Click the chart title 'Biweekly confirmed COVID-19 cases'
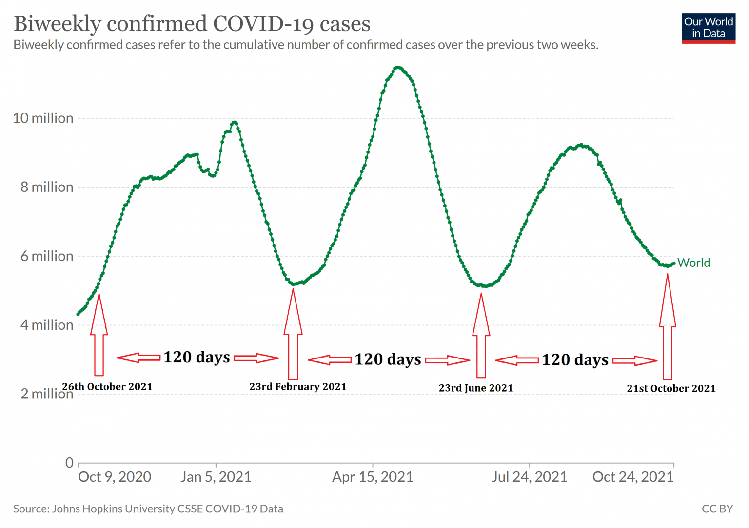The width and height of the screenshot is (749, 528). (192, 23)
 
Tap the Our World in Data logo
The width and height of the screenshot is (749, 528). (708, 28)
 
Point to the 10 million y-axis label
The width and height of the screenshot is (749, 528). (43, 118)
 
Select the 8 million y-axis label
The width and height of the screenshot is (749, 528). (47, 188)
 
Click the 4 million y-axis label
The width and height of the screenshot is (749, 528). (47, 325)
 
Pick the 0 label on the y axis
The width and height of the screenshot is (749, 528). (70, 462)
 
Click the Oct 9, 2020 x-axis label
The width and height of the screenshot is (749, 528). (115, 477)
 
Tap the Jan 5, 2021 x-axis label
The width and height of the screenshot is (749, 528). (216, 477)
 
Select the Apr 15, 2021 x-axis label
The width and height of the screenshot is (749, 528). (373, 477)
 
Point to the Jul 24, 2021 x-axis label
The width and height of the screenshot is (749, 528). (529, 477)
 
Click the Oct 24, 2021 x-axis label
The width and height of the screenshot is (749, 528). (632, 477)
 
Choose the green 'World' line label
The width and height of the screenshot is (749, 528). (693, 263)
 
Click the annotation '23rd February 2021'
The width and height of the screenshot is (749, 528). (297, 387)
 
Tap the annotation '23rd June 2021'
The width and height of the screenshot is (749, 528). (475, 388)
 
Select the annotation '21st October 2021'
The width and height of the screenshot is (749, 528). (671, 389)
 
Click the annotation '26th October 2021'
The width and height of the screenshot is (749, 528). (107, 387)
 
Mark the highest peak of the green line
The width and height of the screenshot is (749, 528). (398, 67)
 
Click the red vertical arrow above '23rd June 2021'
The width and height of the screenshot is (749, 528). (481, 336)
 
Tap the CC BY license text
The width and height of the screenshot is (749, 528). (717, 509)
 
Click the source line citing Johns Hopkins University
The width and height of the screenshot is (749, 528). (148, 509)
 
